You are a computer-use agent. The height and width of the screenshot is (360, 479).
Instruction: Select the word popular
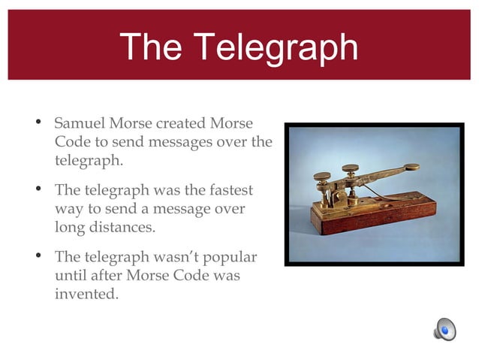[x=227, y=258]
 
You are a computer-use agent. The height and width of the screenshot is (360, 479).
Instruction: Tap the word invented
[x=86, y=294]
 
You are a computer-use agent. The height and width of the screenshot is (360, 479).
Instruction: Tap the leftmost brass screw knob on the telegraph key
[x=321, y=177]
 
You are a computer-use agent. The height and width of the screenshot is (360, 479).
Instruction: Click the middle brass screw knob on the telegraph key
[x=350, y=169]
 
